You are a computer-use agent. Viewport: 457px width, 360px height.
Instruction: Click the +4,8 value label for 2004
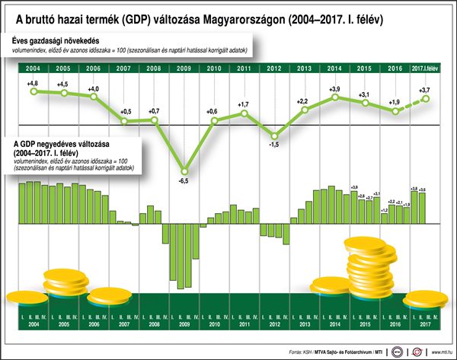(32, 82)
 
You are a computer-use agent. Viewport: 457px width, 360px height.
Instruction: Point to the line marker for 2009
(184, 170)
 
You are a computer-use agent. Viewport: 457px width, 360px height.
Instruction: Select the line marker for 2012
(275, 133)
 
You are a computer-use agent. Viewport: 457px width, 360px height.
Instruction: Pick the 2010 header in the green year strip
(214, 69)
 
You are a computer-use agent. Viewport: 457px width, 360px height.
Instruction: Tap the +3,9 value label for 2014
(334, 89)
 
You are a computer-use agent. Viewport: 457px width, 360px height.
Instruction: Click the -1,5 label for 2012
(275, 145)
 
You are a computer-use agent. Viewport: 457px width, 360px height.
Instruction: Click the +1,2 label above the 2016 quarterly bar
(384, 209)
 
